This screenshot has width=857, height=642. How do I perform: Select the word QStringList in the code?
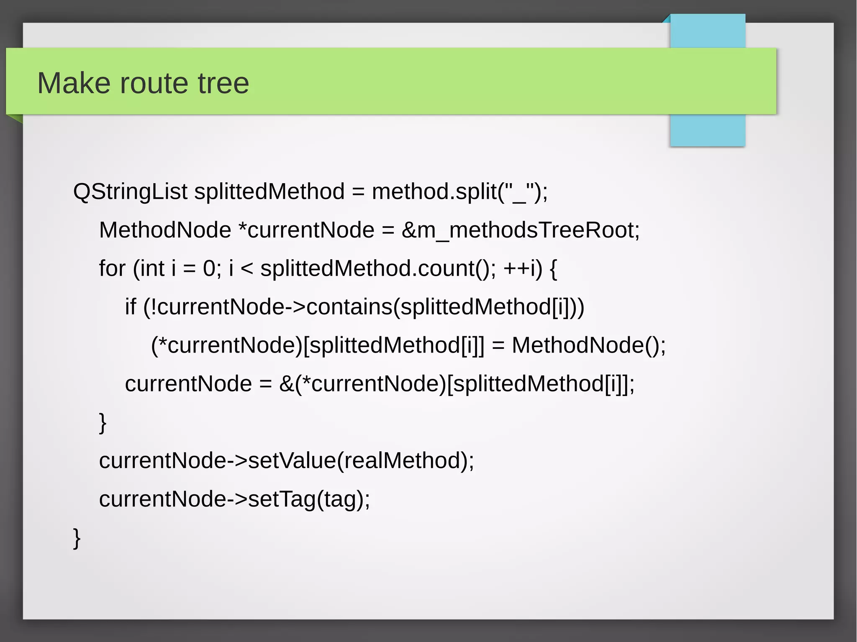130,192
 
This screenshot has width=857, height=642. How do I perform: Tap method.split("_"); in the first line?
459,192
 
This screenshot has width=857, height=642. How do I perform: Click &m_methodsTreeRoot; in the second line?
521,230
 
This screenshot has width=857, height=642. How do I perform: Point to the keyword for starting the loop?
112,268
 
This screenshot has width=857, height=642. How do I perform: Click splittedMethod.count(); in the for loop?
378,268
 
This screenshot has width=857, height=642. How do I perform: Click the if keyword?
130,307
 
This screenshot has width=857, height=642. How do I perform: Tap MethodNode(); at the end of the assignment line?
588,345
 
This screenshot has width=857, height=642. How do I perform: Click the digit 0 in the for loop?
209,268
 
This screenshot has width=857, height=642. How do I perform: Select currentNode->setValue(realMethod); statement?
287,460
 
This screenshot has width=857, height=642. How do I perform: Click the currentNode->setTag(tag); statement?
234,499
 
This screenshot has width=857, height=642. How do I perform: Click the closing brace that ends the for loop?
103,422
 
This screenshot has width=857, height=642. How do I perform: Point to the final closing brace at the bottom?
77,538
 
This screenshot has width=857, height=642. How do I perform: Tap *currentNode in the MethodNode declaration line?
306,230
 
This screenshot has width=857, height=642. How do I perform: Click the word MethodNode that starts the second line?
165,230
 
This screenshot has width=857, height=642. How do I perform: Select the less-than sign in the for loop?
247,269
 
